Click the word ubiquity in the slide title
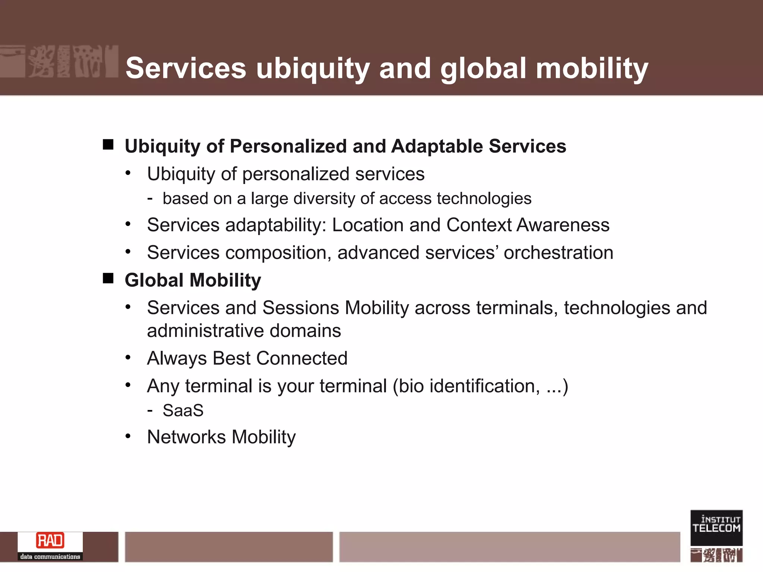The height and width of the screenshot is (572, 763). click(x=313, y=69)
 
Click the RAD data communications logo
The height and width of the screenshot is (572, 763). click(x=50, y=546)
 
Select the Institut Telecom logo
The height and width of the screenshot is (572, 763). click(x=716, y=528)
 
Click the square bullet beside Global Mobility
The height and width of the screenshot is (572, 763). click(x=108, y=278)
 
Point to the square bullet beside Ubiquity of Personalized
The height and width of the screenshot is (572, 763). click(x=108, y=144)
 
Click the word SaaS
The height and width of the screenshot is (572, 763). click(x=183, y=410)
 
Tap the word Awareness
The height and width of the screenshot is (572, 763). click(x=563, y=225)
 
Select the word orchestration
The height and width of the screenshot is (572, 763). click(x=558, y=252)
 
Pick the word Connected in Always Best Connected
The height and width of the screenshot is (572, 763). click(x=302, y=358)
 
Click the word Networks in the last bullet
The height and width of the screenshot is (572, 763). click(x=186, y=437)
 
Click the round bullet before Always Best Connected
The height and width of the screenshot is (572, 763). click(x=128, y=357)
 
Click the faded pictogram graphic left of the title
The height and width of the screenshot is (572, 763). click(x=60, y=61)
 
